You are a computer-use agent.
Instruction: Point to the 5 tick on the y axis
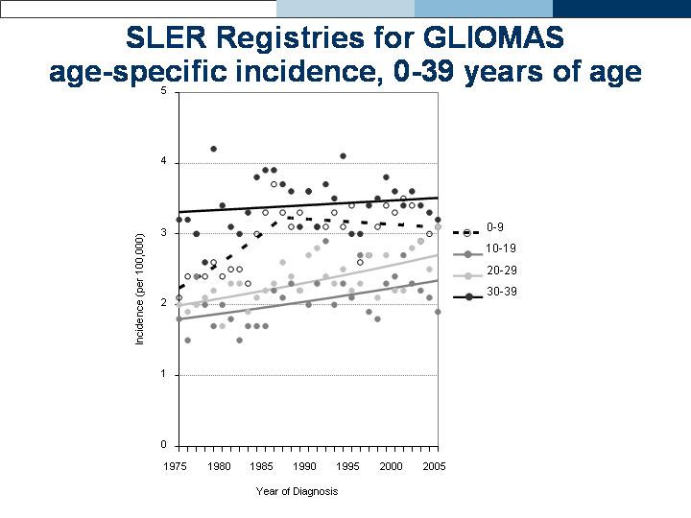[164, 91]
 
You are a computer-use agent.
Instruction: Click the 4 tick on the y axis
[164, 161]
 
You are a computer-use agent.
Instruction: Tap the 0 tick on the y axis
[164, 445]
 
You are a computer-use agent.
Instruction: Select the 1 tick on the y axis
[164, 374]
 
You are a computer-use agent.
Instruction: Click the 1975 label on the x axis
[176, 466]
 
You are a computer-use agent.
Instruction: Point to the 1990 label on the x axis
[305, 466]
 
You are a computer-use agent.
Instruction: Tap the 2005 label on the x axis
[434, 466]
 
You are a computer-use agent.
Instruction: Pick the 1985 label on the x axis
[262, 466]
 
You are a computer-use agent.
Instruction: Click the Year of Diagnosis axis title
[297, 491]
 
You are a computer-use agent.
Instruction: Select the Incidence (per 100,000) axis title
[140, 289]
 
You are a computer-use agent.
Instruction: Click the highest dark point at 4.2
[213, 149]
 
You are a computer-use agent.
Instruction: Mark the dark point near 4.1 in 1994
[343, 155]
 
